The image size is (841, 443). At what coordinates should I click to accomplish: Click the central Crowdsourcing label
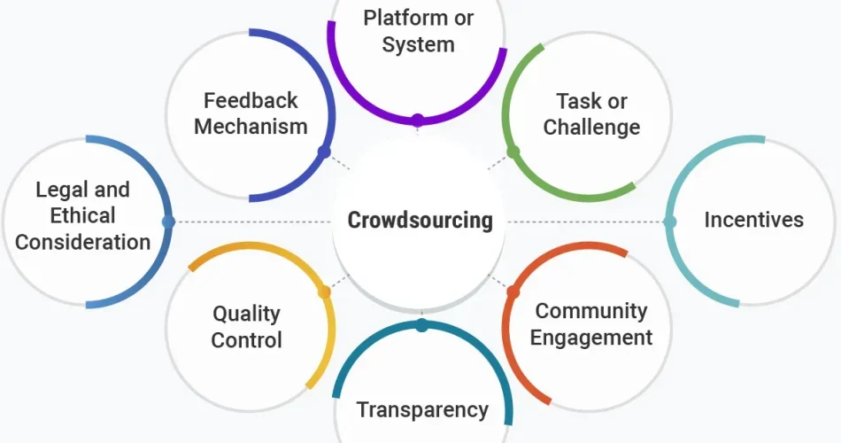[x=420, y=220]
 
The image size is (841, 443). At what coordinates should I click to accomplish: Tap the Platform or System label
[x=418, y=31]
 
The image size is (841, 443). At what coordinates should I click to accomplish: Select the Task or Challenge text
[x=591, y=114]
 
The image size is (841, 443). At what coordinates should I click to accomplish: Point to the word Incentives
[x=753, y=220]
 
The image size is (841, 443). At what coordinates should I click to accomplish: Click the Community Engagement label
[x=591, y=324]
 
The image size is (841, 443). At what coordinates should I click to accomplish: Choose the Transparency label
[x=421, y=409]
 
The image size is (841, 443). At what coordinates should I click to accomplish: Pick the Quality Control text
[x=246, y=326]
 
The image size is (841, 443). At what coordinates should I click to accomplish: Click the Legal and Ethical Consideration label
[x=83, y=215]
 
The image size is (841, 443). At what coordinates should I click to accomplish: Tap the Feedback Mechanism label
[x=251, y=113]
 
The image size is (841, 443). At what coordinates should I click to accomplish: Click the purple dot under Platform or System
[x=418, y=119]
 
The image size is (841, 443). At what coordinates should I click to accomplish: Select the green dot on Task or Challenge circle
[x=513, y=152]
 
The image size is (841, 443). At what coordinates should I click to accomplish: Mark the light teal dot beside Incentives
[x=670, y=221]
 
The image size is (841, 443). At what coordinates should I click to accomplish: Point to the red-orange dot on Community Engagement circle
[x=513, y=291]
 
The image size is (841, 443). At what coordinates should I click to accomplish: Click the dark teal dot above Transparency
[x=421, y=325]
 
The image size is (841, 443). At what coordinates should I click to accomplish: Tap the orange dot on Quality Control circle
[x=324, y=292]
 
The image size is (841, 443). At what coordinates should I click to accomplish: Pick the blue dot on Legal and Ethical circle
[x=168, y=221]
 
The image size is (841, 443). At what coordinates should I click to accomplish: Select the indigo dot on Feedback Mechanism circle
[x=324, y=152]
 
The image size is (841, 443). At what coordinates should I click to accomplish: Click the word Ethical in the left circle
[x=82, y=215]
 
